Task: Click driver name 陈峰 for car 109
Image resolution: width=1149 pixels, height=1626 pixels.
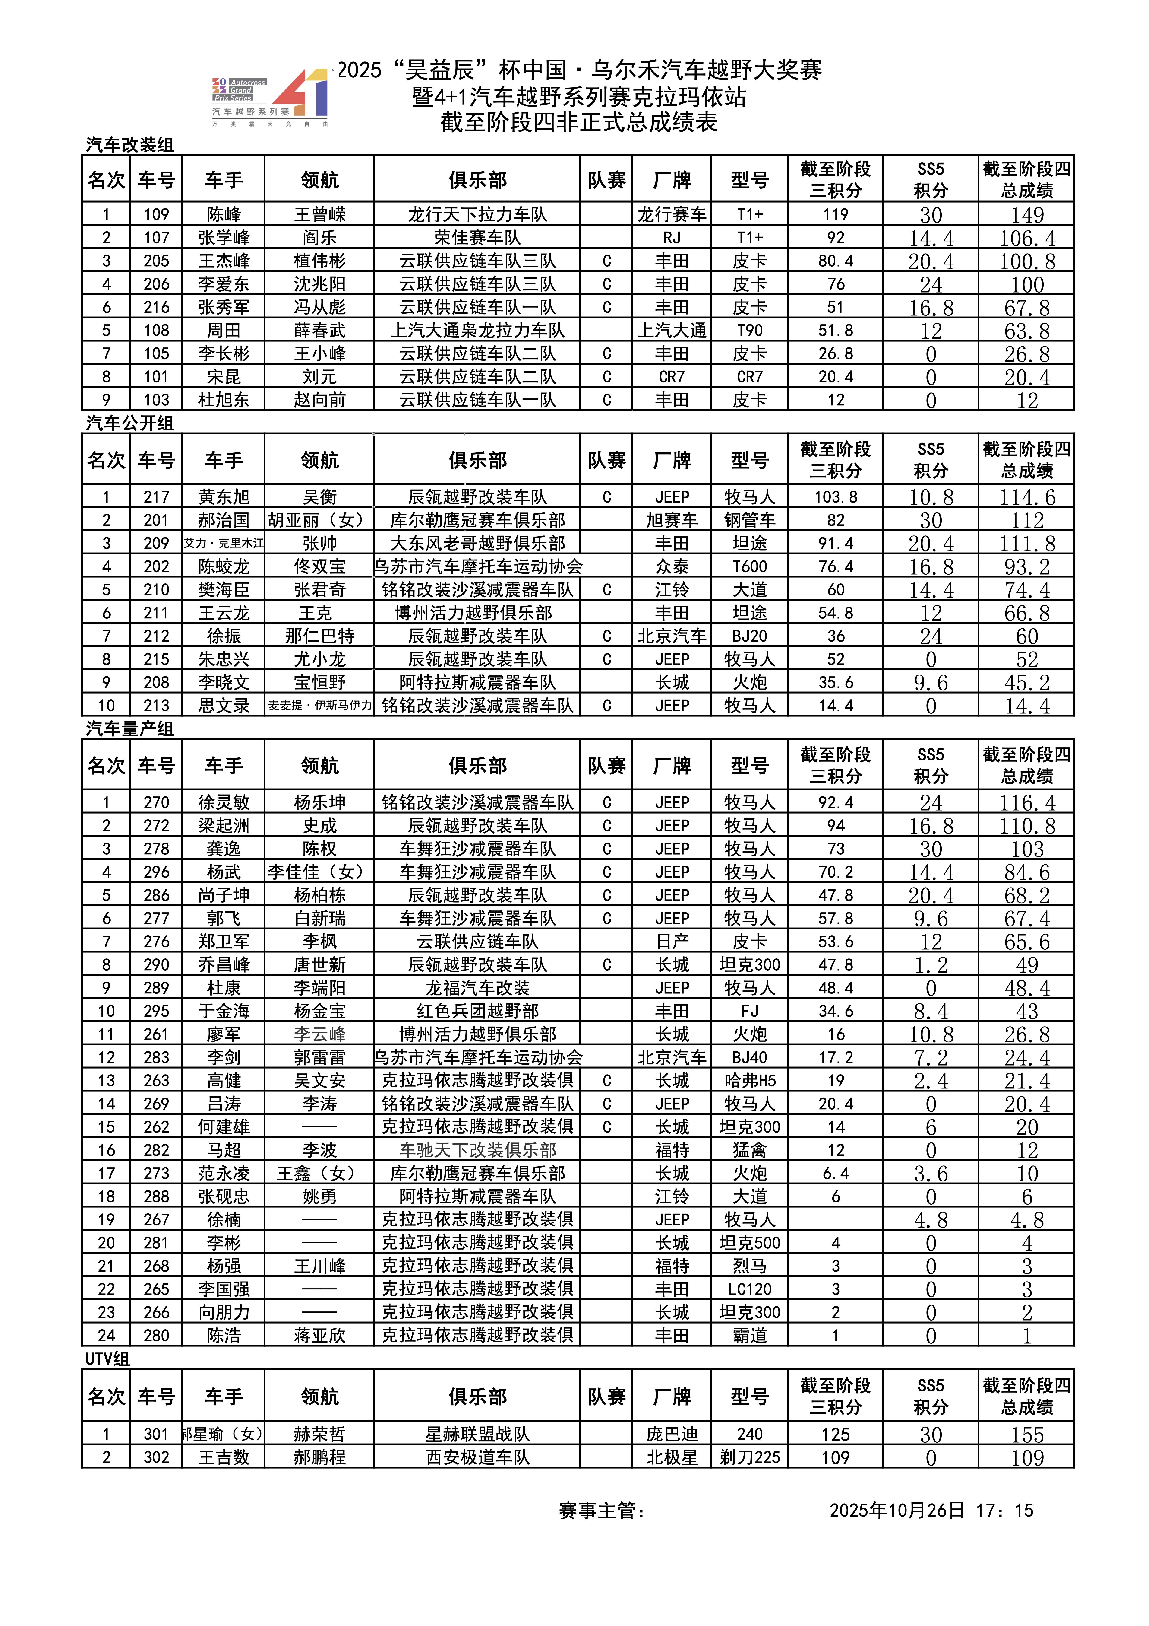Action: point(224,215)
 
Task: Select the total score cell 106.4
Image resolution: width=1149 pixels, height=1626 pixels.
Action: point(1026,238)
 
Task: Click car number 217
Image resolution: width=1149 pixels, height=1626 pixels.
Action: point(156,497)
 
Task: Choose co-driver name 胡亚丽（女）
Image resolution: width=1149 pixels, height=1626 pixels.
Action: point(319,521)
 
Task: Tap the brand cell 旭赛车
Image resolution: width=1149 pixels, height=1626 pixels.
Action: point(671,521)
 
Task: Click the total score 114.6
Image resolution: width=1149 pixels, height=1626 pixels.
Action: point(1026,497)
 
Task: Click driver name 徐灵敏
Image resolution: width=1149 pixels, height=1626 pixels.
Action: point(224,802)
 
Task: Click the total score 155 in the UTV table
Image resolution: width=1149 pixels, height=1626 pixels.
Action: point(1026,1435)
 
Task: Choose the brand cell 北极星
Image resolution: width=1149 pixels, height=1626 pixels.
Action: point(671,1457)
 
